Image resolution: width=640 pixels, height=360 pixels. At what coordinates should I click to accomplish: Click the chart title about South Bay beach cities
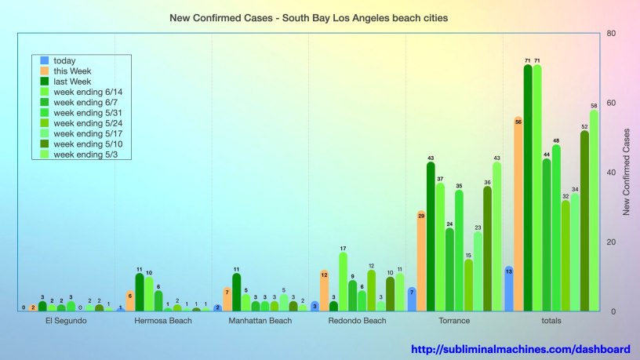[309, 17]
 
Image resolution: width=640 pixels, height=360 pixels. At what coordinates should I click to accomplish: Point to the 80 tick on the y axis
[609, 34]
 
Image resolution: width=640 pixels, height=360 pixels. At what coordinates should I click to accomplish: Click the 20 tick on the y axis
[609, 242]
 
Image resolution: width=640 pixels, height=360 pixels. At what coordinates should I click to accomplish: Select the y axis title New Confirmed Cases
[627, 173]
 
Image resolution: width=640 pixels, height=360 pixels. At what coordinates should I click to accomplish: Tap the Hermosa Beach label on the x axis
[162, 321]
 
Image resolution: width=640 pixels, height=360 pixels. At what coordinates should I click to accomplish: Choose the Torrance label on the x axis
[454, 321]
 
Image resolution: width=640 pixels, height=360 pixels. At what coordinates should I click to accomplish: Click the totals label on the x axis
[551, 321]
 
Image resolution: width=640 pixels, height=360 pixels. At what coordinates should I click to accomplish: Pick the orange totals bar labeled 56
[518, 216]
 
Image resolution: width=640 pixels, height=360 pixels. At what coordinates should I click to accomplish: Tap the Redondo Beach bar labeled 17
[344, 283]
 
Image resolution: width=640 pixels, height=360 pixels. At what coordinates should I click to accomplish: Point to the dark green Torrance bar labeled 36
[487, 250]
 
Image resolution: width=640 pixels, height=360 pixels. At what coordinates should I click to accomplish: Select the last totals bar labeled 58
[594, 212]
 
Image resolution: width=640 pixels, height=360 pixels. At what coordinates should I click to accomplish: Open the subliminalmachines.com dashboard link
[520, 349]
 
